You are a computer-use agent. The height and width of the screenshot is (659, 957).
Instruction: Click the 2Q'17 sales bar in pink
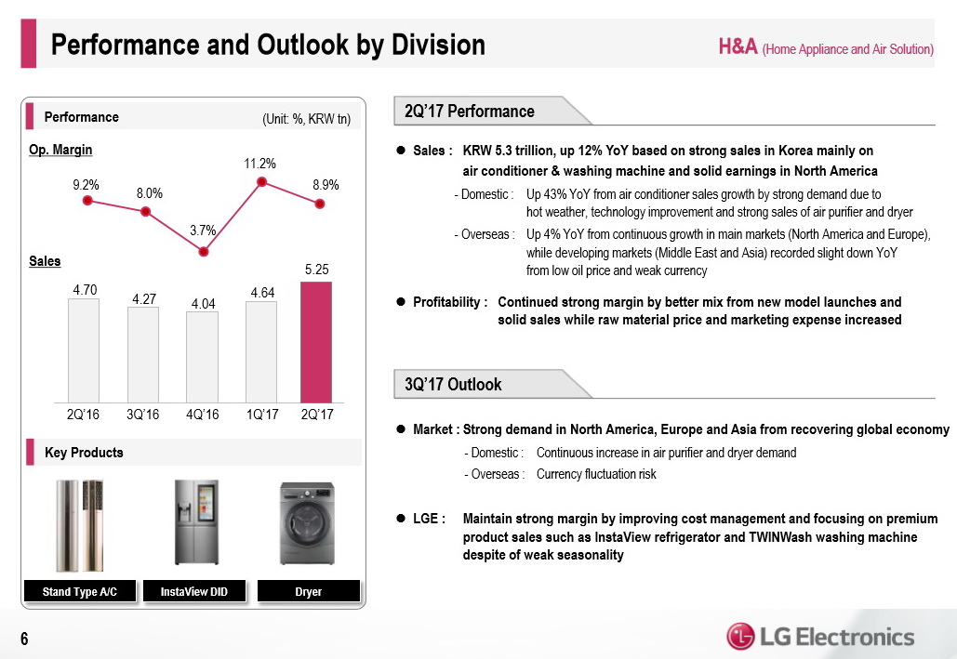coord(316,341)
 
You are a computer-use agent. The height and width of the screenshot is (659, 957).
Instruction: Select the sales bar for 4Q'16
coord(202,356)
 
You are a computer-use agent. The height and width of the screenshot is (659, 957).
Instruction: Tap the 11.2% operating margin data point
coord(261,182)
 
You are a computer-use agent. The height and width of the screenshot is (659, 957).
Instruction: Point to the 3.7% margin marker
coord(203,250)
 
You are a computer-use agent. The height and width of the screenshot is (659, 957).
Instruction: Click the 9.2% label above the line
coord(86,184)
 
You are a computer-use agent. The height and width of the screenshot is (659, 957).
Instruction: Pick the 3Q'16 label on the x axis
coord(142,414)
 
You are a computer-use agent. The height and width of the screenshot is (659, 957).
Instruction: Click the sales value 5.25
coord(317,269)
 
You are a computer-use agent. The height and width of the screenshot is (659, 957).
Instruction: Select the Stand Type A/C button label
coord(80,591)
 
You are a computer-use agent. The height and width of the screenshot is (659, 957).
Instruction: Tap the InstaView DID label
coord(194,591)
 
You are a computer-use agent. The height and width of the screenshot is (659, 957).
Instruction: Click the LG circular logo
coord(741,637)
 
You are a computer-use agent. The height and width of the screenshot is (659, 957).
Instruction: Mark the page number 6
coord(24,639)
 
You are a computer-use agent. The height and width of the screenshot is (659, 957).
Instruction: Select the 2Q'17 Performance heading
coord(471,112)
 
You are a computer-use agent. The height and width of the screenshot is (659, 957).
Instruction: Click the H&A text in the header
coord(737,47)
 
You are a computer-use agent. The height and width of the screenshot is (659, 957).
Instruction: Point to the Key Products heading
coord(84,453)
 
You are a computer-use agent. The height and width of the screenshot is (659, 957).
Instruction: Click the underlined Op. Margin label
coord(61,150)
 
